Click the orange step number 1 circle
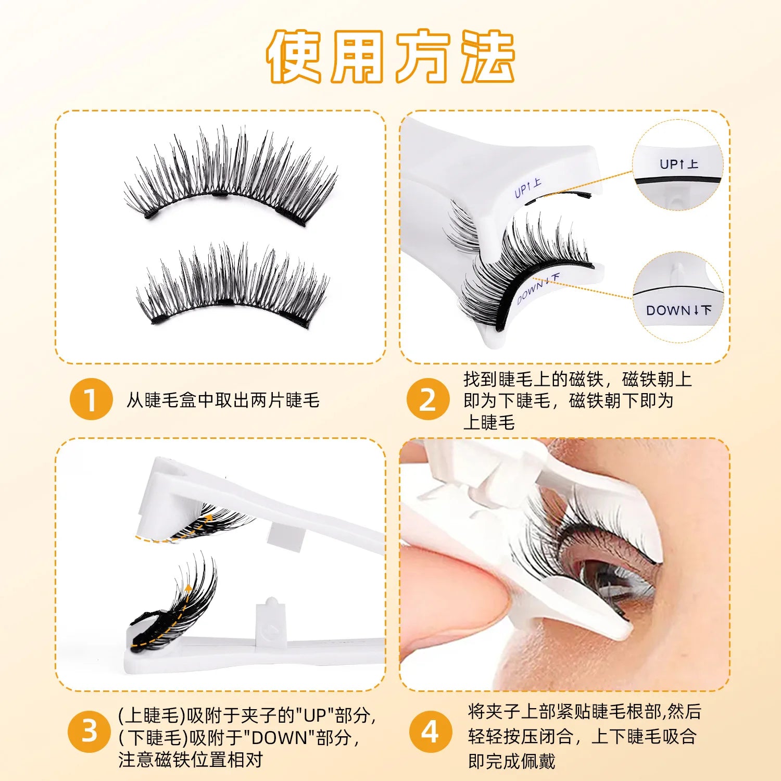(91, 399)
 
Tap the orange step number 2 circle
(427, 399)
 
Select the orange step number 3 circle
(89, 732)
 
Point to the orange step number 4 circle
(430, 732)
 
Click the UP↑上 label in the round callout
(678, 164)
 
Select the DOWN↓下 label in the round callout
(678, 310)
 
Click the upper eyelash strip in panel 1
(229, 177)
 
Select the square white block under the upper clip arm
(285, 536)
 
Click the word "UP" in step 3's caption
(314, 715)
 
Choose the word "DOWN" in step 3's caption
(278, 738)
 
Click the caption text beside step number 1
(223, 400)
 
